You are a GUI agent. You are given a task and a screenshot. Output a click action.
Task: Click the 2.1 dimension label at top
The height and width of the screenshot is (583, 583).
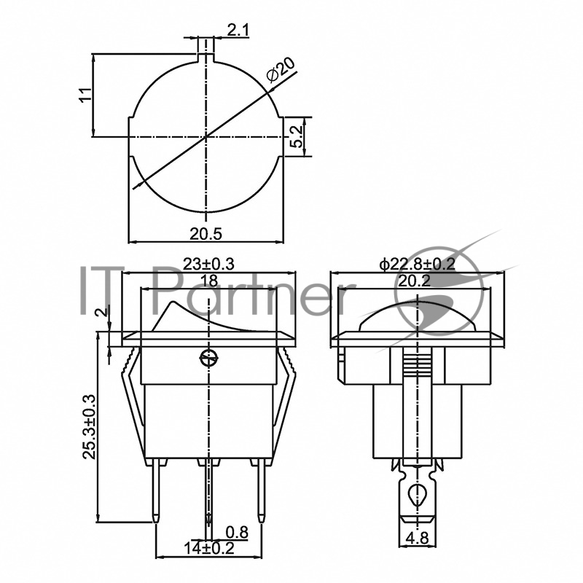coord(238,30)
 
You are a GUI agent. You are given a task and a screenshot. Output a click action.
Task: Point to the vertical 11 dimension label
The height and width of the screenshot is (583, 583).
coord(85,95)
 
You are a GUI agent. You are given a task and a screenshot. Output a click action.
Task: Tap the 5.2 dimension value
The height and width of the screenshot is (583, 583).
coord(297,137)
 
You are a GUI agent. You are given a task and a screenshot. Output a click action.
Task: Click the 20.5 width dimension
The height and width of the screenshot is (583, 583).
coord(206,234)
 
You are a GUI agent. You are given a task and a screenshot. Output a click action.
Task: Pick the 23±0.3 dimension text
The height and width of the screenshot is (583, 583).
coord(208,265)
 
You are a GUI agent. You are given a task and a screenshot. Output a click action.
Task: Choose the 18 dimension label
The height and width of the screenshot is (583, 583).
coord(209,281)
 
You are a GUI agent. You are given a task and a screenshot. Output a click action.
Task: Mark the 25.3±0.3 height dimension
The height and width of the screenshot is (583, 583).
coord(89,427)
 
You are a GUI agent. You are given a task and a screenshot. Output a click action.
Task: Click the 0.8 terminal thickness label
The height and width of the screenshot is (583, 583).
coord(237,533)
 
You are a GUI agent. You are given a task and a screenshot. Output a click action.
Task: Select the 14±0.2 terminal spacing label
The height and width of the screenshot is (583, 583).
coord(209,548)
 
